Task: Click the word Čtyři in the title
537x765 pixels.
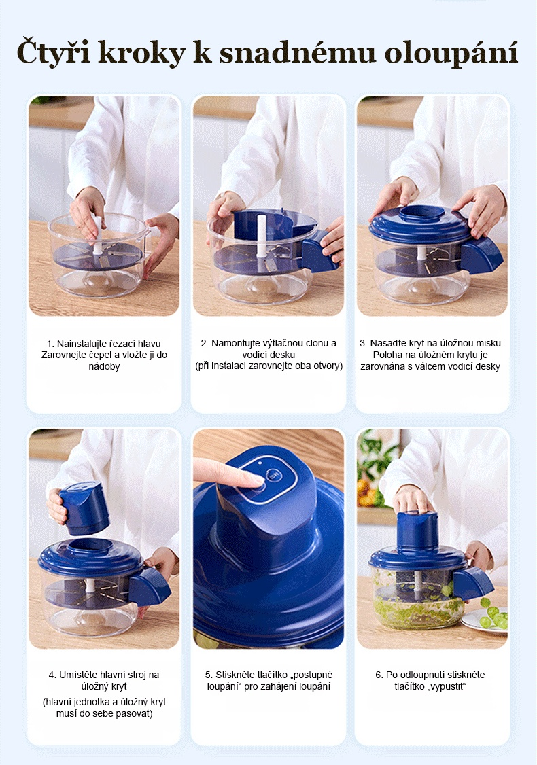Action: click(x=54, y=52)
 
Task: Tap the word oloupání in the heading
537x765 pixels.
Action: click(x=451, y=52)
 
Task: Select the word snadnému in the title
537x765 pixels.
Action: click(x=297, y=52)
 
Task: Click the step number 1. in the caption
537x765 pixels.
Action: click(x=50, y=344)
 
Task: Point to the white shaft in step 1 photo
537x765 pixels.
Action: click(x=98, y=235)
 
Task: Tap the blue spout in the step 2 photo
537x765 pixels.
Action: click(x=317, y=253)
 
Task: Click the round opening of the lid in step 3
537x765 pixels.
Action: click(x=422, y=213)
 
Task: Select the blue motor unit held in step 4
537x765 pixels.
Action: click(x=84, y=508)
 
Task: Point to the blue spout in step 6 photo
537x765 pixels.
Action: click(x=472, y=584)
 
